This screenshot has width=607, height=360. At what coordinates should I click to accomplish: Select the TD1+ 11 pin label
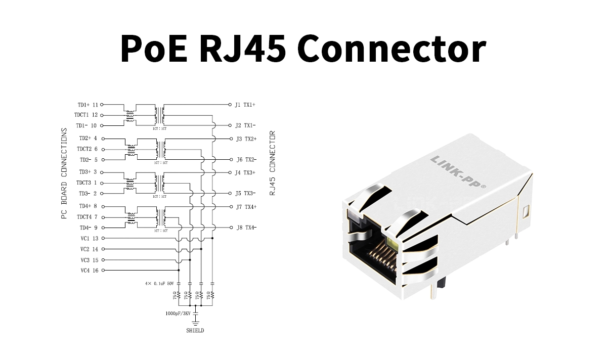click(x=88, y=105)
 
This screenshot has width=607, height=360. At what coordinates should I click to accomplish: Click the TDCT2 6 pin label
click(x=87, y=149)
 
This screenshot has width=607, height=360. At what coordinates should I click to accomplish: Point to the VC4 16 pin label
click(x=89, y=271)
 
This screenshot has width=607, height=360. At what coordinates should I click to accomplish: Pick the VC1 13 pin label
click(x=89, y=238)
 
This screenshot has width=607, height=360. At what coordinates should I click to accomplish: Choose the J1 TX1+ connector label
click(x=245, y=105)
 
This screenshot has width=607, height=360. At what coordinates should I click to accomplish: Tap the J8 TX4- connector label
click(x=246, y=228)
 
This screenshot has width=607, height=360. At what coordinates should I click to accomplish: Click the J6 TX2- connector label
click(x=246, y=160)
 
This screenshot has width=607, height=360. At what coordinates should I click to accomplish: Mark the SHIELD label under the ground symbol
click(x=195, y=331)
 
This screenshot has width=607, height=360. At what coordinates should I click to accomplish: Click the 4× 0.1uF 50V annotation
click(x=159, y=284)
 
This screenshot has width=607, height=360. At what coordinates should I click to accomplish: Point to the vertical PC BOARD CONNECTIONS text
click(x=64, y=173)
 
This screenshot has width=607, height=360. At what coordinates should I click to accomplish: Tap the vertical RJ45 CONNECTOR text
click(x=272, y=163)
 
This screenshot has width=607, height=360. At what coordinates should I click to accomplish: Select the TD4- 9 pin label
click(x=88, y=228)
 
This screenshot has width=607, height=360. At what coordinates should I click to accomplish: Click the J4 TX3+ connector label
click(x=246, y=172)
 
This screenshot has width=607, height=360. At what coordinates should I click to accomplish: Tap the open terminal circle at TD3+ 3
click(x=102, y=172)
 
